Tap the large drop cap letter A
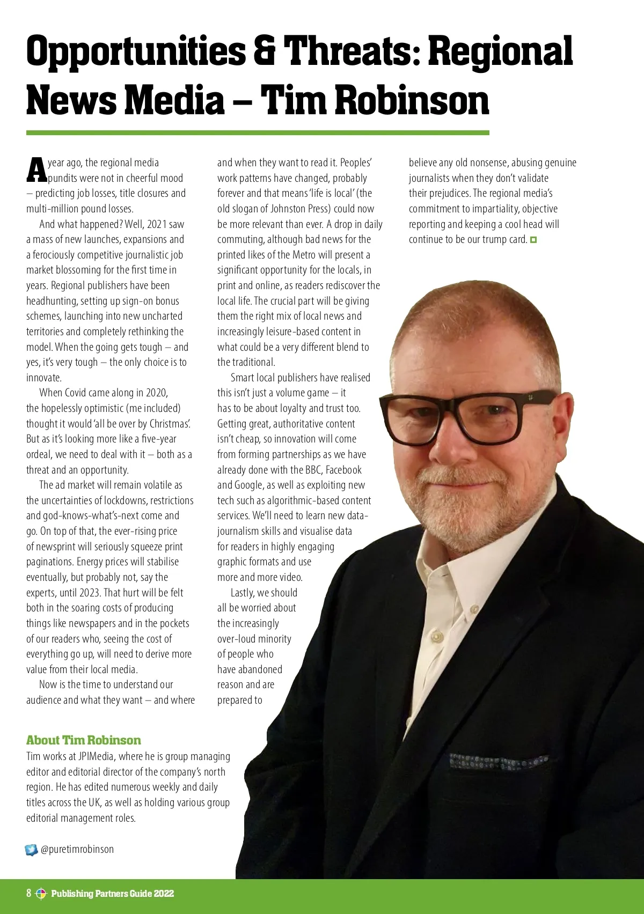click(36, 169)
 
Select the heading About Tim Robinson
click(84, 740)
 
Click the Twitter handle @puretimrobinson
click(77, 849)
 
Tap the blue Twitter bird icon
click(32, 850)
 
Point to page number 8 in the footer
click(29, 893)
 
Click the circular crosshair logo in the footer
click(41, 894)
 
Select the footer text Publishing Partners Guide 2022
click(113, 894)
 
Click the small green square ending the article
click(533, 240)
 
